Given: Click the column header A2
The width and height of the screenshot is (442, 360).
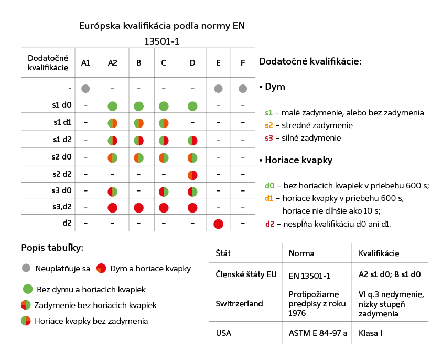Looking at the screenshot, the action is (x=113, y=62).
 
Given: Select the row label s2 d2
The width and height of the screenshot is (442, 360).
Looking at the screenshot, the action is (x=62, y=174).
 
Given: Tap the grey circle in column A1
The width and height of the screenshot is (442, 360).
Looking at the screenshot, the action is (x=85, y=89).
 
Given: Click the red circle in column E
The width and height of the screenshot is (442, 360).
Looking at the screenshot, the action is (x=219, y=224).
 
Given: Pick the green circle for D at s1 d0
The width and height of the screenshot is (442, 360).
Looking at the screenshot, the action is (x=192, y=107).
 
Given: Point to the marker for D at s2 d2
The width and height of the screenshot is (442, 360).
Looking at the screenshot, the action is (x=192, y=175).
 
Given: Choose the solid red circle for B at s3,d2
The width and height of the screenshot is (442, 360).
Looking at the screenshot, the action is (x=139, y=208).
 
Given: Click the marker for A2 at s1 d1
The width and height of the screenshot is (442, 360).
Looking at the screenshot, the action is (x=113, y=123).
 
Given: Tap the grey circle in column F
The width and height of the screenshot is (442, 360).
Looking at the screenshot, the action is (x=243, y=89).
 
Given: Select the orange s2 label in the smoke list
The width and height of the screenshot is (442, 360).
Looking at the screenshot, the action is (x=268, y=125).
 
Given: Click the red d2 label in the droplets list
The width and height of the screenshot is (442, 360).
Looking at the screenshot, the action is (x=270, y=224).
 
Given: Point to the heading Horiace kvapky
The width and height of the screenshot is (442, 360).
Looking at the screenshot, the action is (x=298, y=160).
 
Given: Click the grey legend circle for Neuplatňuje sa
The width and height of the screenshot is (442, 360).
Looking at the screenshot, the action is (x=26, y=268).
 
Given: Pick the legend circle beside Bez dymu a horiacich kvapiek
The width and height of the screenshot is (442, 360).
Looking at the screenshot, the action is (x=28, y=289).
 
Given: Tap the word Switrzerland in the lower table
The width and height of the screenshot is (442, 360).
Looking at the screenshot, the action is (x=239, y=303).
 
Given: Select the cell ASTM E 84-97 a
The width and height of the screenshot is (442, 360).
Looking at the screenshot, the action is (x=318, y=333).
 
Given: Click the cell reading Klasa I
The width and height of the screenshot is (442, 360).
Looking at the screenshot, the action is (x=370, y=333).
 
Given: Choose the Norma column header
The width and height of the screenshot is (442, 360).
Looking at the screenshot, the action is (x=301, y=253).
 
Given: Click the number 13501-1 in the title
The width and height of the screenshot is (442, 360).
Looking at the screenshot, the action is (x=161, y=41).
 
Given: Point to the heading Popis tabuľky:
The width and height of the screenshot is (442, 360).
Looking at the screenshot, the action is (x=52, y=248).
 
